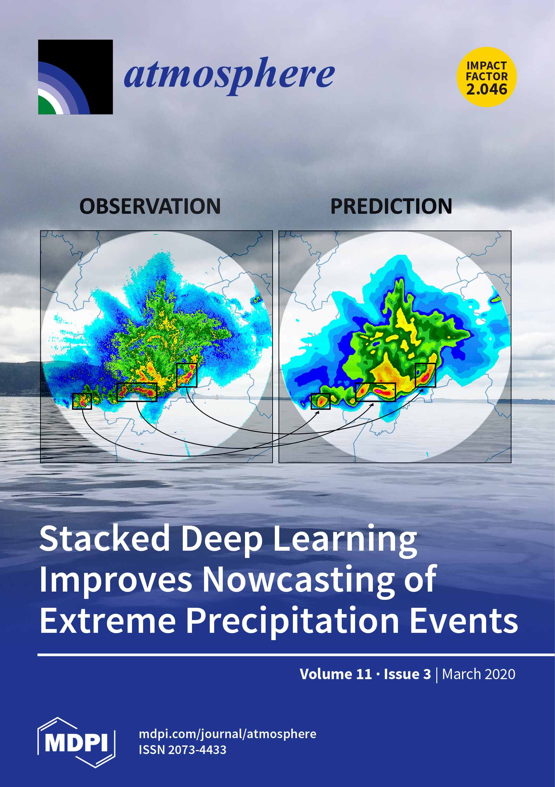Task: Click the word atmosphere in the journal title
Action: tap(229, 76)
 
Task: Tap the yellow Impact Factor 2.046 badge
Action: tap(486, 77)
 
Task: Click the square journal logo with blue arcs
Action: tap(76, 77)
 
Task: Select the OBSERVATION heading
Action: tap(150, 207)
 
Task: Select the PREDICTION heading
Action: tap(391, 207)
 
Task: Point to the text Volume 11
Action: tap(336, 674)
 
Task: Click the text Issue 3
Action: tap(407, 674)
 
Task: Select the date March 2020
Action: tap(479, 674)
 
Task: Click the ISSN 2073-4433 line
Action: tap(182, 750)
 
